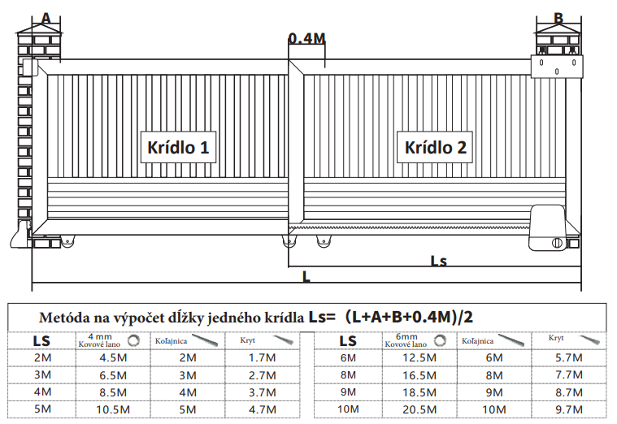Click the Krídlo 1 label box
(x=178, y=147)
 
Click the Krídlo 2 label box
(x=435, y=147)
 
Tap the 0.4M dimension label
(x=307, y=38)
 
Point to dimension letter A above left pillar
(x=46, y=18)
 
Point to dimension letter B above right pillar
(x=558, y=18)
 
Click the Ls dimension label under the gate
(x=439, y=261)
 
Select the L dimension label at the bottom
(x=306, y=276)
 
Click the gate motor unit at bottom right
(x=547, y=227)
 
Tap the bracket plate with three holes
(x=557, y=66)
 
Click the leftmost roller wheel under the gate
(x=67, y=241)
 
